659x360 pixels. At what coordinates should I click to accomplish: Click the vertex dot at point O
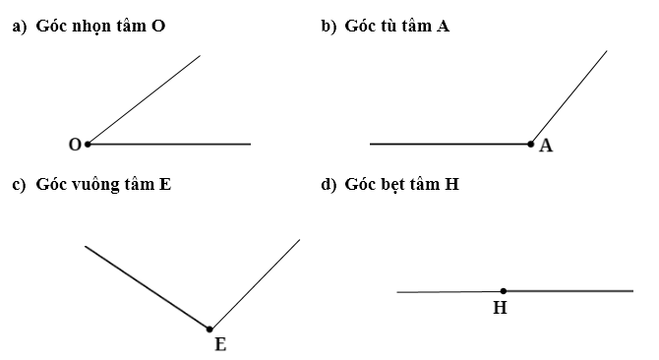pyautogui.click(x=88, y=144)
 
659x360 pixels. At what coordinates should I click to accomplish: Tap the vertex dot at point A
pyautogui.click(x=532, y=144)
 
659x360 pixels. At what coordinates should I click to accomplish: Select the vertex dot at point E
pyautogui.click(x=210, y=329)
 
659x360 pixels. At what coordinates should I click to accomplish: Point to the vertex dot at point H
pyautogui.click(x=504, y=291)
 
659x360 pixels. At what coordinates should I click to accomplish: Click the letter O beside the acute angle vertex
pyautogui.click(x=75, y=145)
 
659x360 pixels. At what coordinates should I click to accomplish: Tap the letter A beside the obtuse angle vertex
pyautogui.click(x=546, y=147)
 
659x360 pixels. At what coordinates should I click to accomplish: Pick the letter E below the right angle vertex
pyautogui.click(x=219, y=344)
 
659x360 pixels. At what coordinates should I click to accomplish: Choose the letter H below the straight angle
pyautogui.click(x=500, y=308)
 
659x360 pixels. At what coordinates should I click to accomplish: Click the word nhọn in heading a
pyautogui.click(x=93, y=28)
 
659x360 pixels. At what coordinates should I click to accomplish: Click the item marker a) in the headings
pyautogui.click(x=18, y=28)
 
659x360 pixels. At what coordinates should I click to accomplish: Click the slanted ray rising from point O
pyautogui.click(x=144, y=99)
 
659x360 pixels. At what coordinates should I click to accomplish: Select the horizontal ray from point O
pyautogui.click(x=169, y=144)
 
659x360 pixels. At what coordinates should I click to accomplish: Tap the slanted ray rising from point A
pyautogui.click(x=569, y=96)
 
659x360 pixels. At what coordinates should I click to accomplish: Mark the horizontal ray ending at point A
pyautogui.click(x=450, y=144)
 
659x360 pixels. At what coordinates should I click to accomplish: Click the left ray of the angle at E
pyautogui.click(x=148, y=286)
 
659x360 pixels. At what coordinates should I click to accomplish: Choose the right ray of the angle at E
pyautogui.click(x=255, y=283)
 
